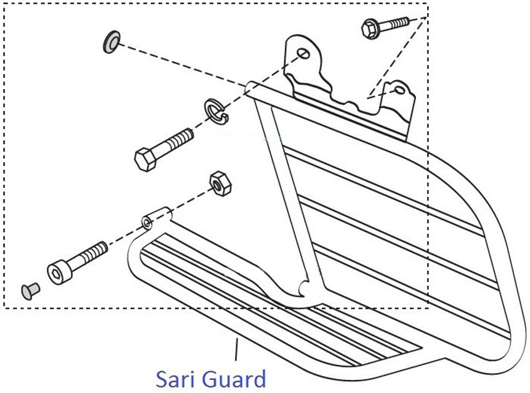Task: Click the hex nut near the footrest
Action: pos(219,183)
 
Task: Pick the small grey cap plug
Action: pos(29,290)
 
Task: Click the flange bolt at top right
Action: pos(385,26)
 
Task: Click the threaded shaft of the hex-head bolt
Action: pos(178,141)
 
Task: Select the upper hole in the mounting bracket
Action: pos(304,54)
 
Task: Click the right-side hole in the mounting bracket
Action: pos(399,92)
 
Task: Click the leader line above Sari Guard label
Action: pos(236,349)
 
